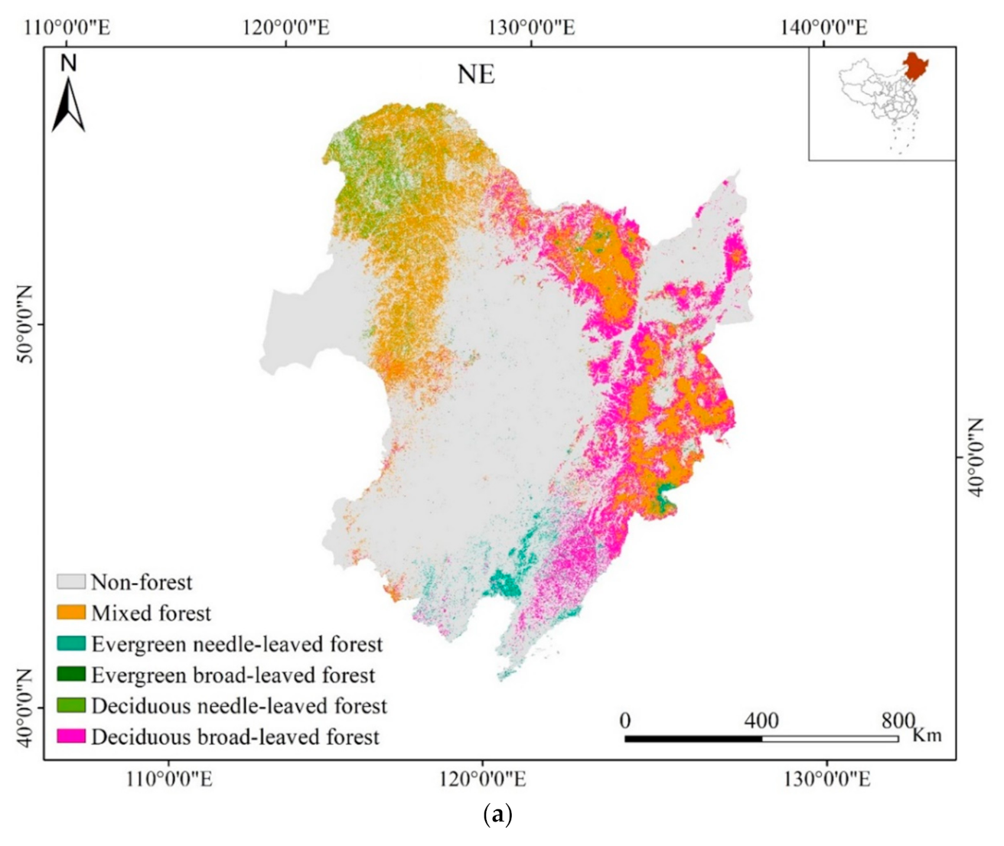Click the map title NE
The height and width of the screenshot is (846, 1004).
click(476, 75)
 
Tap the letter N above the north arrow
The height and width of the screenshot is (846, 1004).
click(69, 63)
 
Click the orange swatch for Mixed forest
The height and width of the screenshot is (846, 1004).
click(71, 613)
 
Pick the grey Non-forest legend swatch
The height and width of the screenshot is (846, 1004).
click(71, 581)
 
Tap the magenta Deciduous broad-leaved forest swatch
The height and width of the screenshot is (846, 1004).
click(71, 737)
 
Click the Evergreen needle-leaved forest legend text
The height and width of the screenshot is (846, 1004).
click(236, 644)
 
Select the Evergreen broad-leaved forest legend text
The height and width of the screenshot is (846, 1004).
click(233, 675)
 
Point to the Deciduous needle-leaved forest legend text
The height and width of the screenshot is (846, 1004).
click(239, 705)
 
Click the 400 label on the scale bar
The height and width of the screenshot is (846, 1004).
click(761, 721)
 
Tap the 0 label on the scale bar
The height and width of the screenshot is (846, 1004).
click(625, 721)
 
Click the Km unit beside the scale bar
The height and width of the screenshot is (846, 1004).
click(927, 735)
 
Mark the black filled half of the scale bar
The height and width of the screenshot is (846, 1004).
click(693, 739)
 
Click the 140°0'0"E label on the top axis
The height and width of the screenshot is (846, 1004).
click(823, 28)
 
